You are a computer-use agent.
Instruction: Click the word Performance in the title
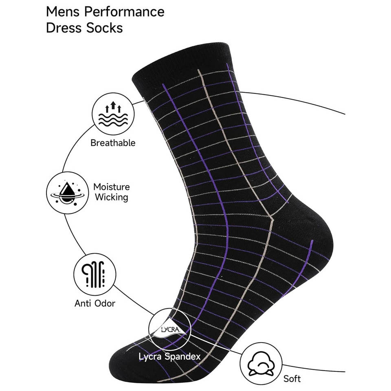tap(124, 12)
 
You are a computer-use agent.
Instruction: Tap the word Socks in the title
tap(103, 28)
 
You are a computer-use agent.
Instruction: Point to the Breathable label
tap(113, 143)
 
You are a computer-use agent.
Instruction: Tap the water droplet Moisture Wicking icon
tap(67, 192)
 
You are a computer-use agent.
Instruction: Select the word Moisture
tap(112, 187)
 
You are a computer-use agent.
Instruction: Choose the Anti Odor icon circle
tap(95, 274)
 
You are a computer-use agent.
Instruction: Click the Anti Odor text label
tap(95, 303)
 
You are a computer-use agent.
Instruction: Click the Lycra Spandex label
tap(169, 356)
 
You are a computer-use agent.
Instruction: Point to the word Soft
tap(292, 378)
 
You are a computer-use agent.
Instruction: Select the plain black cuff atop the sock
tap(181, 61)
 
